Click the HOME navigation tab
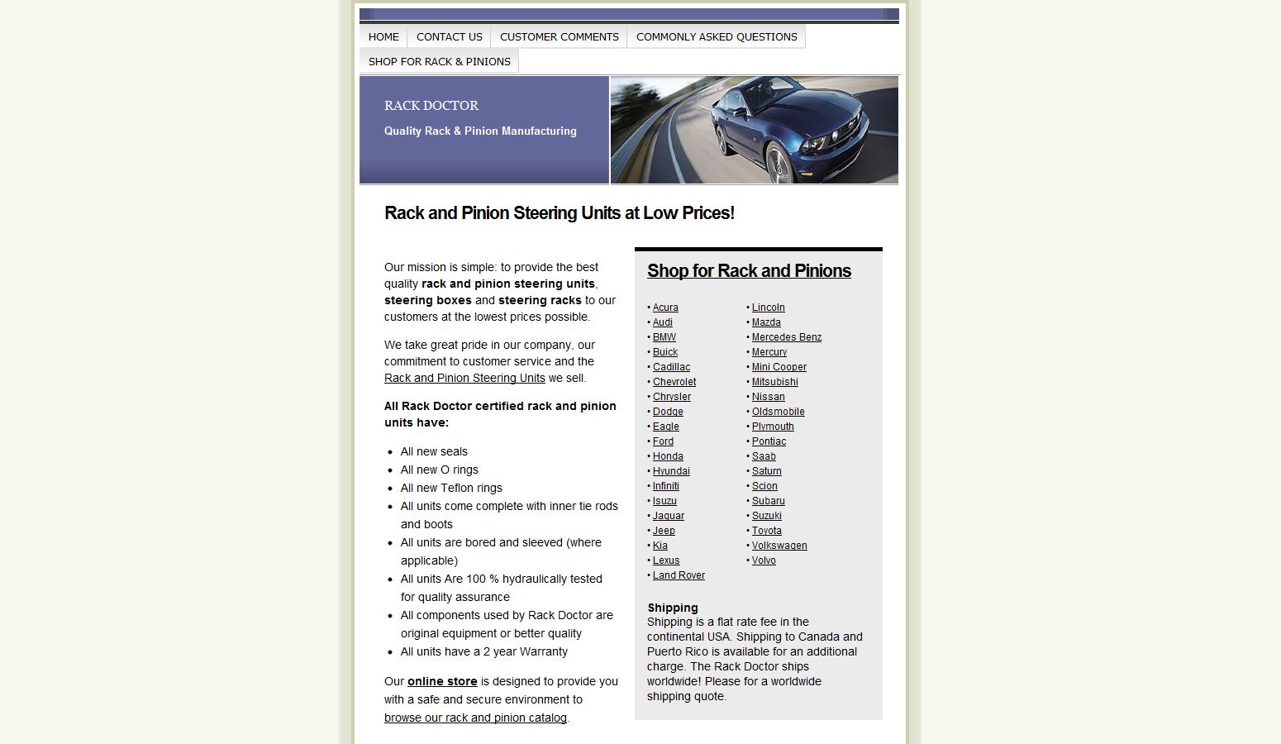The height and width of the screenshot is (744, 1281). tap(383, 36)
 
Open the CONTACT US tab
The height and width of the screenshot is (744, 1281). tap(449, 36)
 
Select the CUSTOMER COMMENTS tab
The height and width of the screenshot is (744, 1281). tap(559, 36)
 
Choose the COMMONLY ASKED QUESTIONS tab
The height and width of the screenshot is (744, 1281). tap(717, 36)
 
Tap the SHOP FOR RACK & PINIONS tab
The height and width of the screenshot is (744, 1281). tap(439, 61)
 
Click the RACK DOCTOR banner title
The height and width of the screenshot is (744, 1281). tap(431, 106)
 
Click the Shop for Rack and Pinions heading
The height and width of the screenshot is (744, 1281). tap(749, 271)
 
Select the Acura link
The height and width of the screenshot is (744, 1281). tap(665, 308)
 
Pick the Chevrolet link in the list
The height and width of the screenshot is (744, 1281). tap(674, 382)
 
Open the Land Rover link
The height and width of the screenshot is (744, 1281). tap(679, 575)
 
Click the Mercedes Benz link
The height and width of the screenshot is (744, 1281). tap(787, 337)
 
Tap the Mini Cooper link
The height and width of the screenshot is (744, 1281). tap(779, 367)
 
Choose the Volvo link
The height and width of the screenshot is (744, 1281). tap(764, 560)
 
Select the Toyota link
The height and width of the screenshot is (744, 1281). tap(767, 531)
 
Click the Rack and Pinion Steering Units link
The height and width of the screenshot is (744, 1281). tap(464, 378)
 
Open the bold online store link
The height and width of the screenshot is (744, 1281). tap(442, 681)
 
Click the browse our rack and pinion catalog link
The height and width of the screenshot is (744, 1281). tap(475, 718)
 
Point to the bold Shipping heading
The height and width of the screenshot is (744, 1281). tap(673, 608)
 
